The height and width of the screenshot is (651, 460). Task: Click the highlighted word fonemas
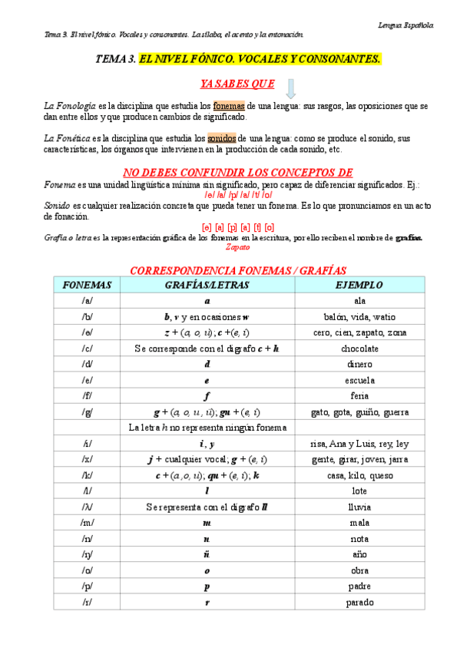pos(228,105)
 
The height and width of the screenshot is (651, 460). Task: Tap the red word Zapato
pos(238,247)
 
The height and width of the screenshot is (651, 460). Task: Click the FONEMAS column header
pos(87,285)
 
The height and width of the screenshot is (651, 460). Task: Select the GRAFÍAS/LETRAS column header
pos(207,285)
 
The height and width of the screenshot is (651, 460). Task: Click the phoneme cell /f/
pos(87,395)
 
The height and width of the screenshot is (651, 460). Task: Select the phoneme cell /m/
pos(87,522)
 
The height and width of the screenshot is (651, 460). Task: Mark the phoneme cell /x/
pos(87,459)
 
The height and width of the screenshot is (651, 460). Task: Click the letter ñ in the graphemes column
pos(207,554)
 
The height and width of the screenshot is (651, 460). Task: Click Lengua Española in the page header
pos(405,25)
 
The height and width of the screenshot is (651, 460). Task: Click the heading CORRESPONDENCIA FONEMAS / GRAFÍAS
pos(238,270)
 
